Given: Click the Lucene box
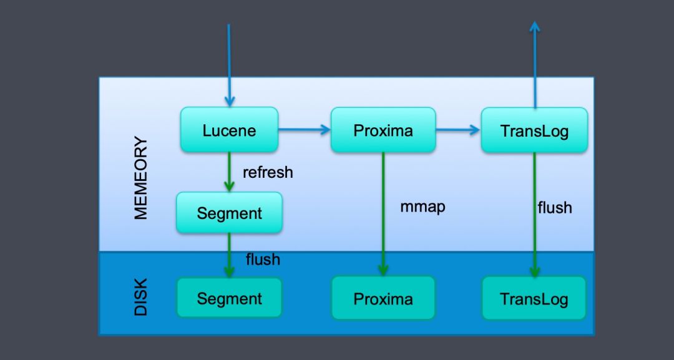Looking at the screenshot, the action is point(229,129).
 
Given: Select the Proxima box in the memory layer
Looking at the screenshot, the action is point(383,130).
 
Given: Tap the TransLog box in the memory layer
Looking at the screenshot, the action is point(534,130).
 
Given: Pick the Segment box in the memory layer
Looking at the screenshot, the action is point(229,213).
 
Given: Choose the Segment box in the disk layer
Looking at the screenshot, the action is point(229,298).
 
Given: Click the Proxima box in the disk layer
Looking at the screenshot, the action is point(383,298).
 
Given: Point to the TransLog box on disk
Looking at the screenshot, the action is point(534,298).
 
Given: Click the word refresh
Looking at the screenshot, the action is point(268,172).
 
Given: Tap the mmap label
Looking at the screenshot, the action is point(422,207).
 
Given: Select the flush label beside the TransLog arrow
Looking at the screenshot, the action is point(555,208).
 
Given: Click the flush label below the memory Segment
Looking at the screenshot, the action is point(263,259).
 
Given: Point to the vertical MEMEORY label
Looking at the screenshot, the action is point(141,178).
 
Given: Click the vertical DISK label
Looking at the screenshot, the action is point(141,297).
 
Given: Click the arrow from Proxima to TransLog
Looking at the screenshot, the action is point(458,129).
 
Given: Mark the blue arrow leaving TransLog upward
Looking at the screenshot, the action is point(535,65).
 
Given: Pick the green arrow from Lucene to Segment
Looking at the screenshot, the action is point(229,172).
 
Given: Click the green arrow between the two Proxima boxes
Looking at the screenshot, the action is point(383,214).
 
